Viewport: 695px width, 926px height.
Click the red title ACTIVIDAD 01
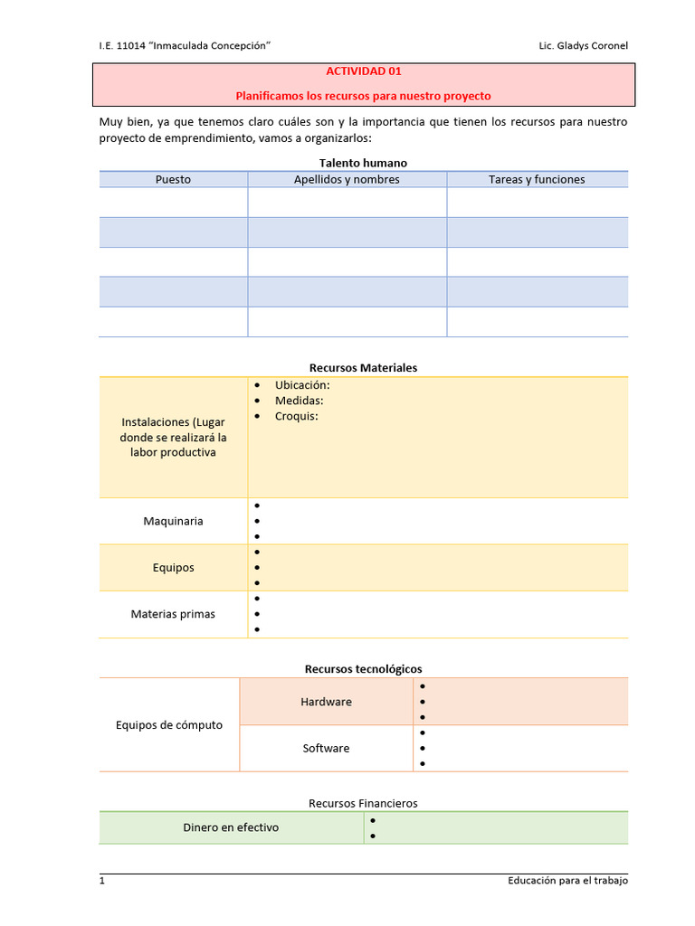pyautogui.click(x=363, y=71)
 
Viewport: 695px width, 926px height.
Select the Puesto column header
pyautogui.click(x=173, y=179)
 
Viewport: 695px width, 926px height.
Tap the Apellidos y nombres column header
pyautogui.click(x=347, y=179)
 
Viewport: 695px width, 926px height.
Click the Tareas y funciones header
pyautogui.click(x=537, y=179)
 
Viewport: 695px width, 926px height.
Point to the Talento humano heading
pyautogui.click(x=363, y=163)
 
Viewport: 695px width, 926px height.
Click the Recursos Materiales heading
pyautogui.click(x=363, y=368)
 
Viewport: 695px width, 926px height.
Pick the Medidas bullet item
pyautogui.click(x=299, y=401)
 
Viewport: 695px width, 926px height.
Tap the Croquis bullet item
pyautogui.click(x=296, y=416)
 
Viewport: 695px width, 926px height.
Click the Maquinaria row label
pyautogui.click(x=173, y=521)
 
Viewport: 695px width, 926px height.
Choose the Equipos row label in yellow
pyautogui.click(x=173, y=568)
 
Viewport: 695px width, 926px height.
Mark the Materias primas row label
pyautogui.click(x=173, y=614)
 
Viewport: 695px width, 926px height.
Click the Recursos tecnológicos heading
pyautogui.click(x=363, y=669)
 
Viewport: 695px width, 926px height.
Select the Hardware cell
pyautogui.click(x=326, y=702)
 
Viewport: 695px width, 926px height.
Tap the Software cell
pyautogui.click(x=326, y=748)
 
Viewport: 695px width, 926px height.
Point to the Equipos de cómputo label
pyautogui.click(x=169, y=725)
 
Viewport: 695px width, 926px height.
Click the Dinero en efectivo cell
pyautogui.click(x=231, y=827)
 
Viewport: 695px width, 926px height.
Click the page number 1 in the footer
pyautogui.click(x=102, y=881)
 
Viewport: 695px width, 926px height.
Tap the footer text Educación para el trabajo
pyautogui.click(x=567, y=881)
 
